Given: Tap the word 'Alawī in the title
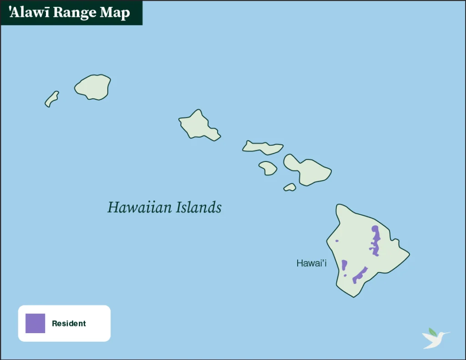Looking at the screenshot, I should click(x=28, y=12).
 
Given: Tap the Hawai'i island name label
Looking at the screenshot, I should click(x=311, y=263).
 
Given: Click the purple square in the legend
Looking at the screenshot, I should click(x=35, y=323).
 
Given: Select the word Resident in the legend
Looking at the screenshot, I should click(x=69, y=324).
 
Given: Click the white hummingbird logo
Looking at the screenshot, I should click(x=434, y=339).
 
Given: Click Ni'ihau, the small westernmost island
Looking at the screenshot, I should click(x=51, y=99).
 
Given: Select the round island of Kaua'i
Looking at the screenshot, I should click(x=93, y=87).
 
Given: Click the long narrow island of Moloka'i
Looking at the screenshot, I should click(x=263, y=147).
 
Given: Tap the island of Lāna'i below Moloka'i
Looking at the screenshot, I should click(x=268, y=168).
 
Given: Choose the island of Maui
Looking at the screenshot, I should click(x=309, y=171).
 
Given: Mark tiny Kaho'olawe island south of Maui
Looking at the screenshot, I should click(x=290, y=187).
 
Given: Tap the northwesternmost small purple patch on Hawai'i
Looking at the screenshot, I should click(x=337, y=241).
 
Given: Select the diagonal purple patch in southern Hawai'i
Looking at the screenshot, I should click(x=360, y=274).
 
